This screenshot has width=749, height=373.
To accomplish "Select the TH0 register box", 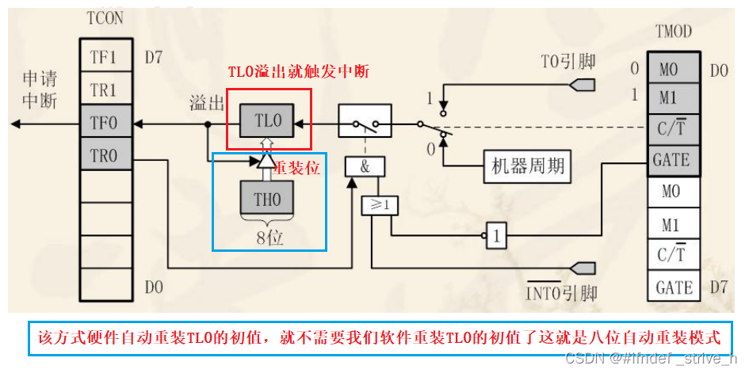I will coord(268,200).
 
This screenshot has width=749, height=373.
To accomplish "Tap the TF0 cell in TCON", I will coord(103,124).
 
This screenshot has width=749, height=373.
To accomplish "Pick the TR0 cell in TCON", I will coord(103,156).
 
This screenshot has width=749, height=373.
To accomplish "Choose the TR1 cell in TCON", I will coord(103,91).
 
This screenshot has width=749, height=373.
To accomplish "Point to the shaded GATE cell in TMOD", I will coord(672,160).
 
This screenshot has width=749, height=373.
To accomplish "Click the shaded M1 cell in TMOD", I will coord(672,98).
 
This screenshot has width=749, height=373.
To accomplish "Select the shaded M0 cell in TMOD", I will coord(672,69).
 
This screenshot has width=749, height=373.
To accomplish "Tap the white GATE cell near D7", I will coord(672,287).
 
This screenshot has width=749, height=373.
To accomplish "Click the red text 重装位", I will coord(296,169).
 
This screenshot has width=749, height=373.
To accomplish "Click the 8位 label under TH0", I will coord(268,234).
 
